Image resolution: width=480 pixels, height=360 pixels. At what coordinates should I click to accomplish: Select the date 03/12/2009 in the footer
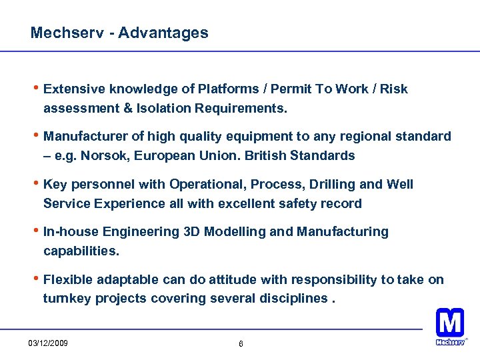pyautogui.click(x=47, y=343)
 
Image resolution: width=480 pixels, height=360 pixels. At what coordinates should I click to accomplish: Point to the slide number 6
pyautogui.click(x=241, y=344)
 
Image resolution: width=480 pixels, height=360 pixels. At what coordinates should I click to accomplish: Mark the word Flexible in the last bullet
pyautogui.click(x=67, y=280)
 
